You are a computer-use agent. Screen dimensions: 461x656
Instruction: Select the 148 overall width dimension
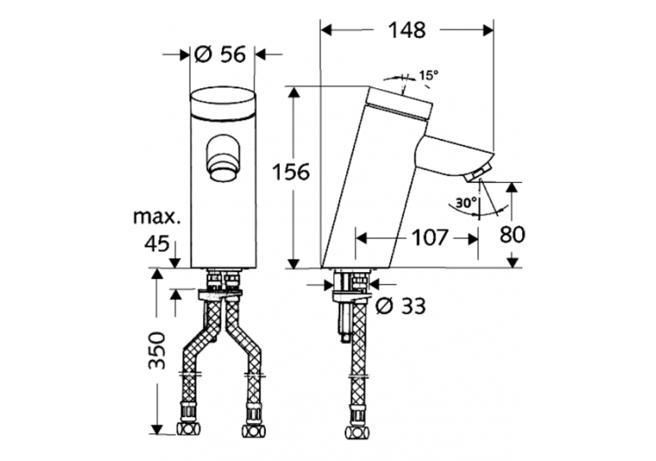tap(408, 30)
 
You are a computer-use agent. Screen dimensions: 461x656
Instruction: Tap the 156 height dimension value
tap(289, 172)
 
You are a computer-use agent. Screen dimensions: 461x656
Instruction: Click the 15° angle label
tap(427, 76)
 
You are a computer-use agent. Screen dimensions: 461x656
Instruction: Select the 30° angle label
tap(465, 203)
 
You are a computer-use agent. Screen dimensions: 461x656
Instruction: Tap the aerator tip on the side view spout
tap(477, 177)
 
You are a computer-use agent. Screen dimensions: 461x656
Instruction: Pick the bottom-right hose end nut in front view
tap(255, 431)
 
